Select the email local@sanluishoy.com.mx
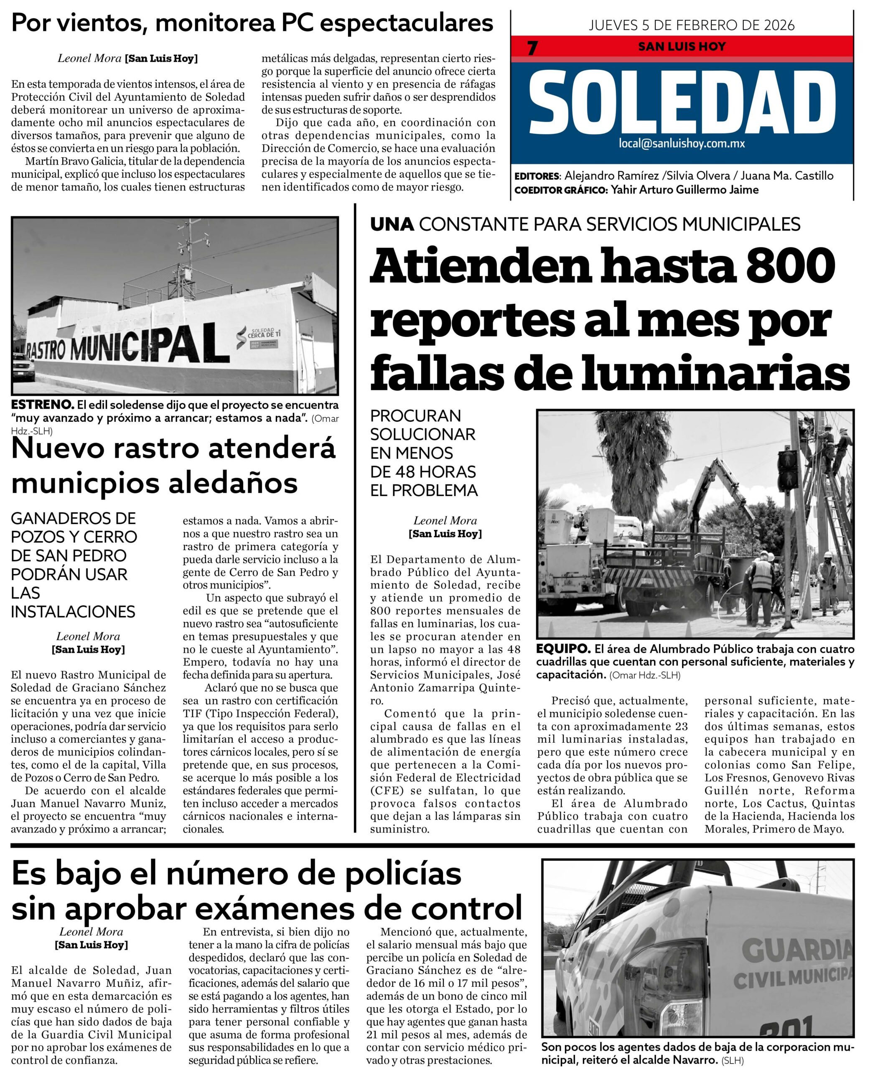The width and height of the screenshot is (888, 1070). pyautogui.click(x=682, y=144)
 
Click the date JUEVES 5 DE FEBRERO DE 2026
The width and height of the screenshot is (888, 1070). pyautogui.click(x=691, y=25)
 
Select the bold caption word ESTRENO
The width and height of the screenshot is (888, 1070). pyautogui.click(x=42, y=405)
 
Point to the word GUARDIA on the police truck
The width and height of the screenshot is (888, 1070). pyautogui.click(x=796, y=950)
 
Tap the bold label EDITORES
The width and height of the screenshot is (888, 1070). pyautogui.click(x=537, y=176)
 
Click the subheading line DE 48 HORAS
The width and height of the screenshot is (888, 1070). pyautogui.click(x=423, y=471)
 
